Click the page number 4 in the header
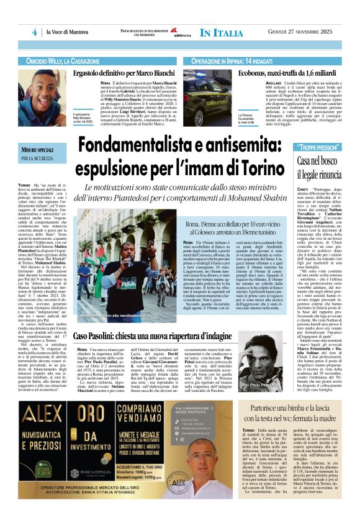(34, 32)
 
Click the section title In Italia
(221, 32)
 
